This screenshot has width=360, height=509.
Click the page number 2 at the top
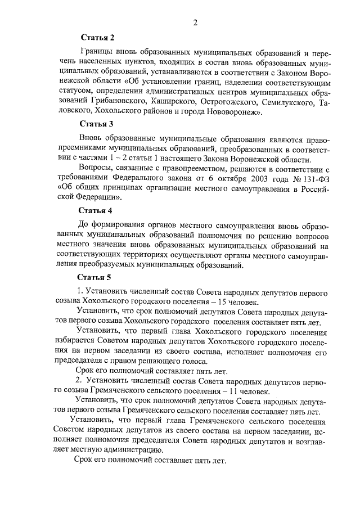pos(195,22)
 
